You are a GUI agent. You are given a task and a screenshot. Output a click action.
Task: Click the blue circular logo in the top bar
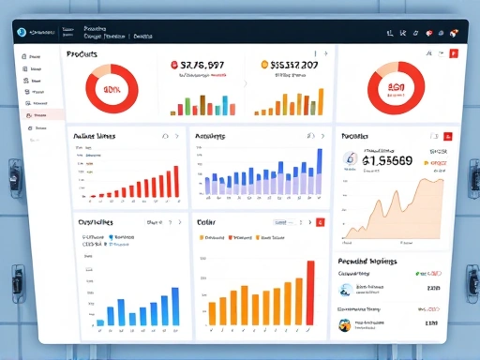tap(21, 33)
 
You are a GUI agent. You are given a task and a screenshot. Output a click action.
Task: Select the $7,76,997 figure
tap(202, 66)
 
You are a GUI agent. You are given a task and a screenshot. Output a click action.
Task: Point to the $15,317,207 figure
tap(294, 66)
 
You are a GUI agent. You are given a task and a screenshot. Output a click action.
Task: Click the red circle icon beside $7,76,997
tap(175, 66)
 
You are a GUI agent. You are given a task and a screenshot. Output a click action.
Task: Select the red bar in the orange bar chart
tap(310, 295)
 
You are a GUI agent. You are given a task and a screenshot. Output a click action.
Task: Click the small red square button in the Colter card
tap(320, 222)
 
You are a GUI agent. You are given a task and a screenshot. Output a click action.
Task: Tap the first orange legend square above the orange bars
tap(202, 238)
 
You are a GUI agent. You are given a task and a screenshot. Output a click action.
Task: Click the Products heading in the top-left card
tap(82, 54)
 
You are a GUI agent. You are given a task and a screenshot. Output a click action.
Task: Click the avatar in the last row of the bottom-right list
tap(345, 323)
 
